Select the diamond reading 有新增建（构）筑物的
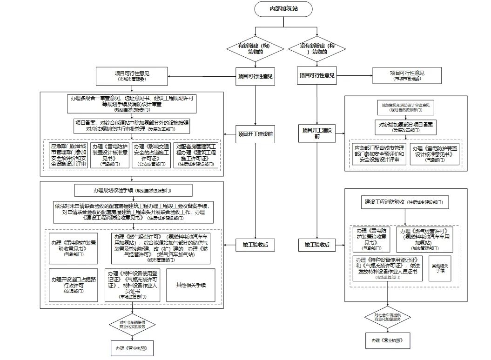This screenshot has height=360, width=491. (x=254, y=49)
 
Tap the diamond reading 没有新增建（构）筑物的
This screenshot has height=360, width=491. (x=317, y=49)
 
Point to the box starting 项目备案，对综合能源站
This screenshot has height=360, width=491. (x=132, y=126)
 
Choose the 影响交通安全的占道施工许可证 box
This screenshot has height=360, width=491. (x=152, y=155)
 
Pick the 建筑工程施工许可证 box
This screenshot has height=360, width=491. (x=195, y=155)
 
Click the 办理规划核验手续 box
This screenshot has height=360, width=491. (x=133, y=191)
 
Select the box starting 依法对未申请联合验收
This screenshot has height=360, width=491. (x=133, y=212)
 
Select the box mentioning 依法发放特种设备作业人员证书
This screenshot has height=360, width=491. (x=388, y=267)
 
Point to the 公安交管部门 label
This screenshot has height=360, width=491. (x=152, y=164)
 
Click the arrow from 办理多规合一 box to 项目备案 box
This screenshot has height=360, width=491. (x=132, y=116)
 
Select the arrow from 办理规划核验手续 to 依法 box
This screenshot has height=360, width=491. (x=133, y=199)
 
